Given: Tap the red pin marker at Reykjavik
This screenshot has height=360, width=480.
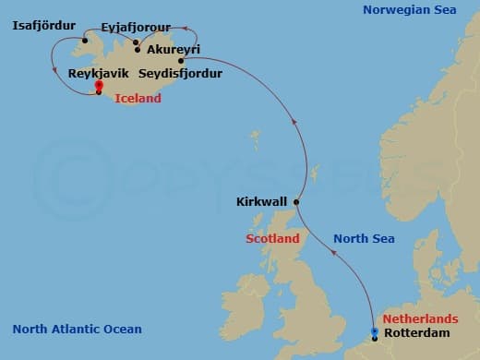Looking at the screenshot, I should coord(99,86).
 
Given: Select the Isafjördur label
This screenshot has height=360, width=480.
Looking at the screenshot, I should coord(42,25).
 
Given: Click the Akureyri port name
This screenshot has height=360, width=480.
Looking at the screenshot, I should coord(174,49).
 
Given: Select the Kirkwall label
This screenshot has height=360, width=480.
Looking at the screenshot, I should coord(261,200).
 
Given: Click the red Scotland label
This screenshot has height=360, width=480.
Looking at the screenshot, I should coord(272,238).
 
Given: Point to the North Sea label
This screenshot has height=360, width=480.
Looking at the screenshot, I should coord(364,238).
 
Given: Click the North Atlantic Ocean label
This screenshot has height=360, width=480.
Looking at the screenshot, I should coord(78,330).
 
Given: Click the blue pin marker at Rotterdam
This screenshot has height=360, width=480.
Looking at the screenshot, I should coord(374,331).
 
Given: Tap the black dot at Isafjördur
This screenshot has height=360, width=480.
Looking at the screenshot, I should coord(83,40).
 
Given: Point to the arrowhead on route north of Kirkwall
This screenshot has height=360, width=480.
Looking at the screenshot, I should coord(293,120).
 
